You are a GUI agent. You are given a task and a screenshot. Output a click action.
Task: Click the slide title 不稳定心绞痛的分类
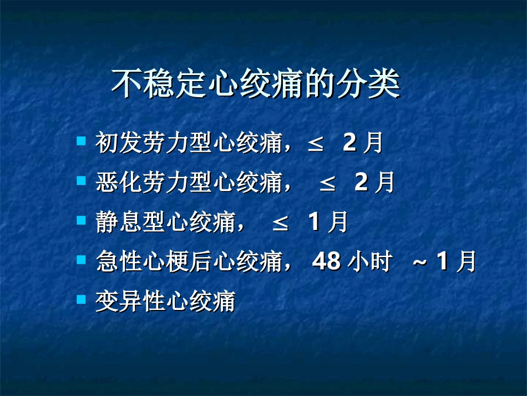[256, 84]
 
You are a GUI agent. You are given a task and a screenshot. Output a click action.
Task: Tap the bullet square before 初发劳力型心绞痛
[81, 141]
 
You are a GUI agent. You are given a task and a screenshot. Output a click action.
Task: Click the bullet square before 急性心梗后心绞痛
[81, 259]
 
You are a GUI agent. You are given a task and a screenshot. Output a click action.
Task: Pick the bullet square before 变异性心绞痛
[81, 299]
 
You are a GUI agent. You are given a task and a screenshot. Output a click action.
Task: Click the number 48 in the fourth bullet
[326, 262]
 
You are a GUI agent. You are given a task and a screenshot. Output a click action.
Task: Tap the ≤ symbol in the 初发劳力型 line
[315, 143]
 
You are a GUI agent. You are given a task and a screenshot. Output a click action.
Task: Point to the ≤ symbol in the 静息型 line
[280, 223]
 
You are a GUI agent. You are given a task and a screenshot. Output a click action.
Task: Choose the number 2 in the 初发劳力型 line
[349, 143]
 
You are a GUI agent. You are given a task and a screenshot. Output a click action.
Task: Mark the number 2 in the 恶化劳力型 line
[361, 183]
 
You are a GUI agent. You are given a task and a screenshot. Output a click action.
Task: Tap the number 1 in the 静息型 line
[314, 222]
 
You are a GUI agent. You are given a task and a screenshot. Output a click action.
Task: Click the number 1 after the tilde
[442, 261]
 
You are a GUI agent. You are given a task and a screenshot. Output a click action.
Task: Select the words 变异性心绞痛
[165, 302]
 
